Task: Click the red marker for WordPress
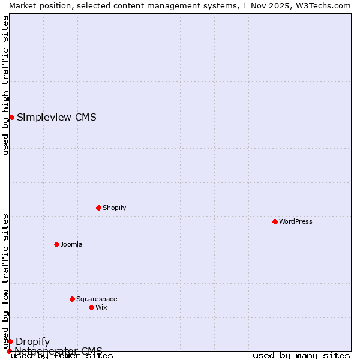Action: click(x=275, y=221)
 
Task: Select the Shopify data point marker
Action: click(x=98, y=208)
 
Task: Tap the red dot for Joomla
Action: click(x=56, y=244)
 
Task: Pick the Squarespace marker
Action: click(x=72, y=299)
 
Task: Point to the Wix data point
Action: click(x=91, y=307)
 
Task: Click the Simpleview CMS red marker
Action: click(x=11, y=117)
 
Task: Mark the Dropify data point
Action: click(x=10, y=341)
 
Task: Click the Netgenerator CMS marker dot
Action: click(x=9, y=351)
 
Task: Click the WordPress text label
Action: click(x=295, y=221)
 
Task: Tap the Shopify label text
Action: click(x=114, y=208)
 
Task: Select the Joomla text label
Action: click(x=71, y=244)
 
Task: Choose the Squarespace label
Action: click(x=97, y=299)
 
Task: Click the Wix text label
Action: click(x=101, y=307)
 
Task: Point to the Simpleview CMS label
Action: click(x=56, y=117)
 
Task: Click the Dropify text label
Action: click(x=32, y=341)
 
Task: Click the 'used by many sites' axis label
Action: click(x=301, y=356)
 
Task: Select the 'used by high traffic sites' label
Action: click(x=5, y=85)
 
